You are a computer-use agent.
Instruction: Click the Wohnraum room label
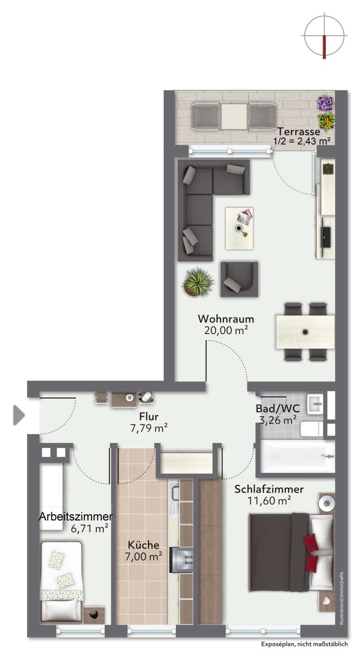click(226, 319)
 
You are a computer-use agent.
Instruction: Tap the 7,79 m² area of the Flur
click(149, 428)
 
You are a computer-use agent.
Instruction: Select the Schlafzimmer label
click(269, 489)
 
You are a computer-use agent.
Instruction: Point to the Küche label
click(143, 545)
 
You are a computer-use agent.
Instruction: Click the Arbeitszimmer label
click(76, 517)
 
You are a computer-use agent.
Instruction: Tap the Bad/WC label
click(278, 408)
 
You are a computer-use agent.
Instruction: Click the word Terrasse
click(299, 132)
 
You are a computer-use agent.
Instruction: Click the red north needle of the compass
click(324, 47)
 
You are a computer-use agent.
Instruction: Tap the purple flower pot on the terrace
click(325, 103)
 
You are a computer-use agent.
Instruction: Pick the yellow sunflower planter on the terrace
click(326, 121)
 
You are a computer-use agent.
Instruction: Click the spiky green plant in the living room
click(198, 282)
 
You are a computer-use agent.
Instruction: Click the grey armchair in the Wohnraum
click(240, 279)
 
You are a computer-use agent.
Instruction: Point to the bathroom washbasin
click(315, 404)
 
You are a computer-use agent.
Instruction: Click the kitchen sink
click(174, 493)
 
